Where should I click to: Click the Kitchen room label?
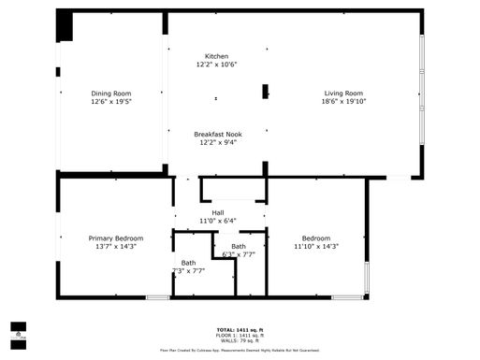[217, 56]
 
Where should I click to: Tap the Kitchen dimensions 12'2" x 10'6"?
[217, 65]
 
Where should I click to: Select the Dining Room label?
[110, 93]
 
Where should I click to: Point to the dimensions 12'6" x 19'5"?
[110, 102]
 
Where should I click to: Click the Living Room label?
[343, 93]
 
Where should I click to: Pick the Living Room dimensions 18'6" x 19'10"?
[343, 102]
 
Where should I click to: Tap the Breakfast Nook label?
[217, 134]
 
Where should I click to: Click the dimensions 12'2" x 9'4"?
[217, 143]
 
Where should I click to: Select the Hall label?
[217, 212]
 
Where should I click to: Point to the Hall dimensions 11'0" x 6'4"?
[217, 222]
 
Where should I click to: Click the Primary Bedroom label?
[115, 238]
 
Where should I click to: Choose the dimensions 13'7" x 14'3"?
[115, 247]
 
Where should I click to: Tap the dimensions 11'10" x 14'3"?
[315, 247]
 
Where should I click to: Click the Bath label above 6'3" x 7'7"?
[239, 246]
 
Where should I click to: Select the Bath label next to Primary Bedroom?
[188, 263]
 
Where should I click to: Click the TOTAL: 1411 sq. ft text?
[240, 330]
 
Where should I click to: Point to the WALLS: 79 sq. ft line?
[240, 341]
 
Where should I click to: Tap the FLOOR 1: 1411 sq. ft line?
[240, 336]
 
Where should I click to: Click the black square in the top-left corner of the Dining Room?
[65, 27]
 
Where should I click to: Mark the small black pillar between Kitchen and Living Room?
[266, 92]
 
